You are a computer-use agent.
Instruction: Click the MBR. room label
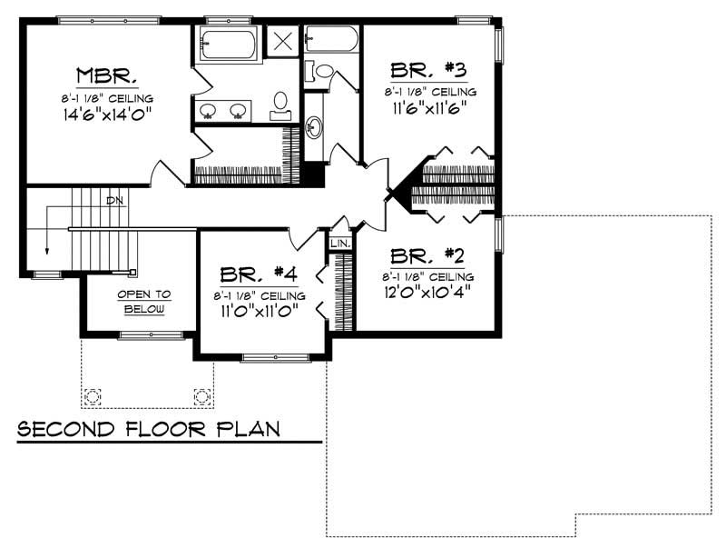[x=107, y=75]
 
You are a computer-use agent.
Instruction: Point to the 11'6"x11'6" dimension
[x=428, y=108]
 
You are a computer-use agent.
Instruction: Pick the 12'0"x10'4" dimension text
[x=427, y=294]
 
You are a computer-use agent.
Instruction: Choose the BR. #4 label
[x=260, y=274]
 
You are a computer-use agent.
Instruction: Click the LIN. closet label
[x=339, y=244]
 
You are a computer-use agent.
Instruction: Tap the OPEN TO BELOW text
[x=143, y=302]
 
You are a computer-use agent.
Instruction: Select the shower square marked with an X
[x=282, y=41]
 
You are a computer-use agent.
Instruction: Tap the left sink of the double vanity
[x=208, y=111]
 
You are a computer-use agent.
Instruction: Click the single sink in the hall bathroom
[x=314, y=126]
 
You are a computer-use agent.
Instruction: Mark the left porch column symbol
[x=93, y=397]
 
